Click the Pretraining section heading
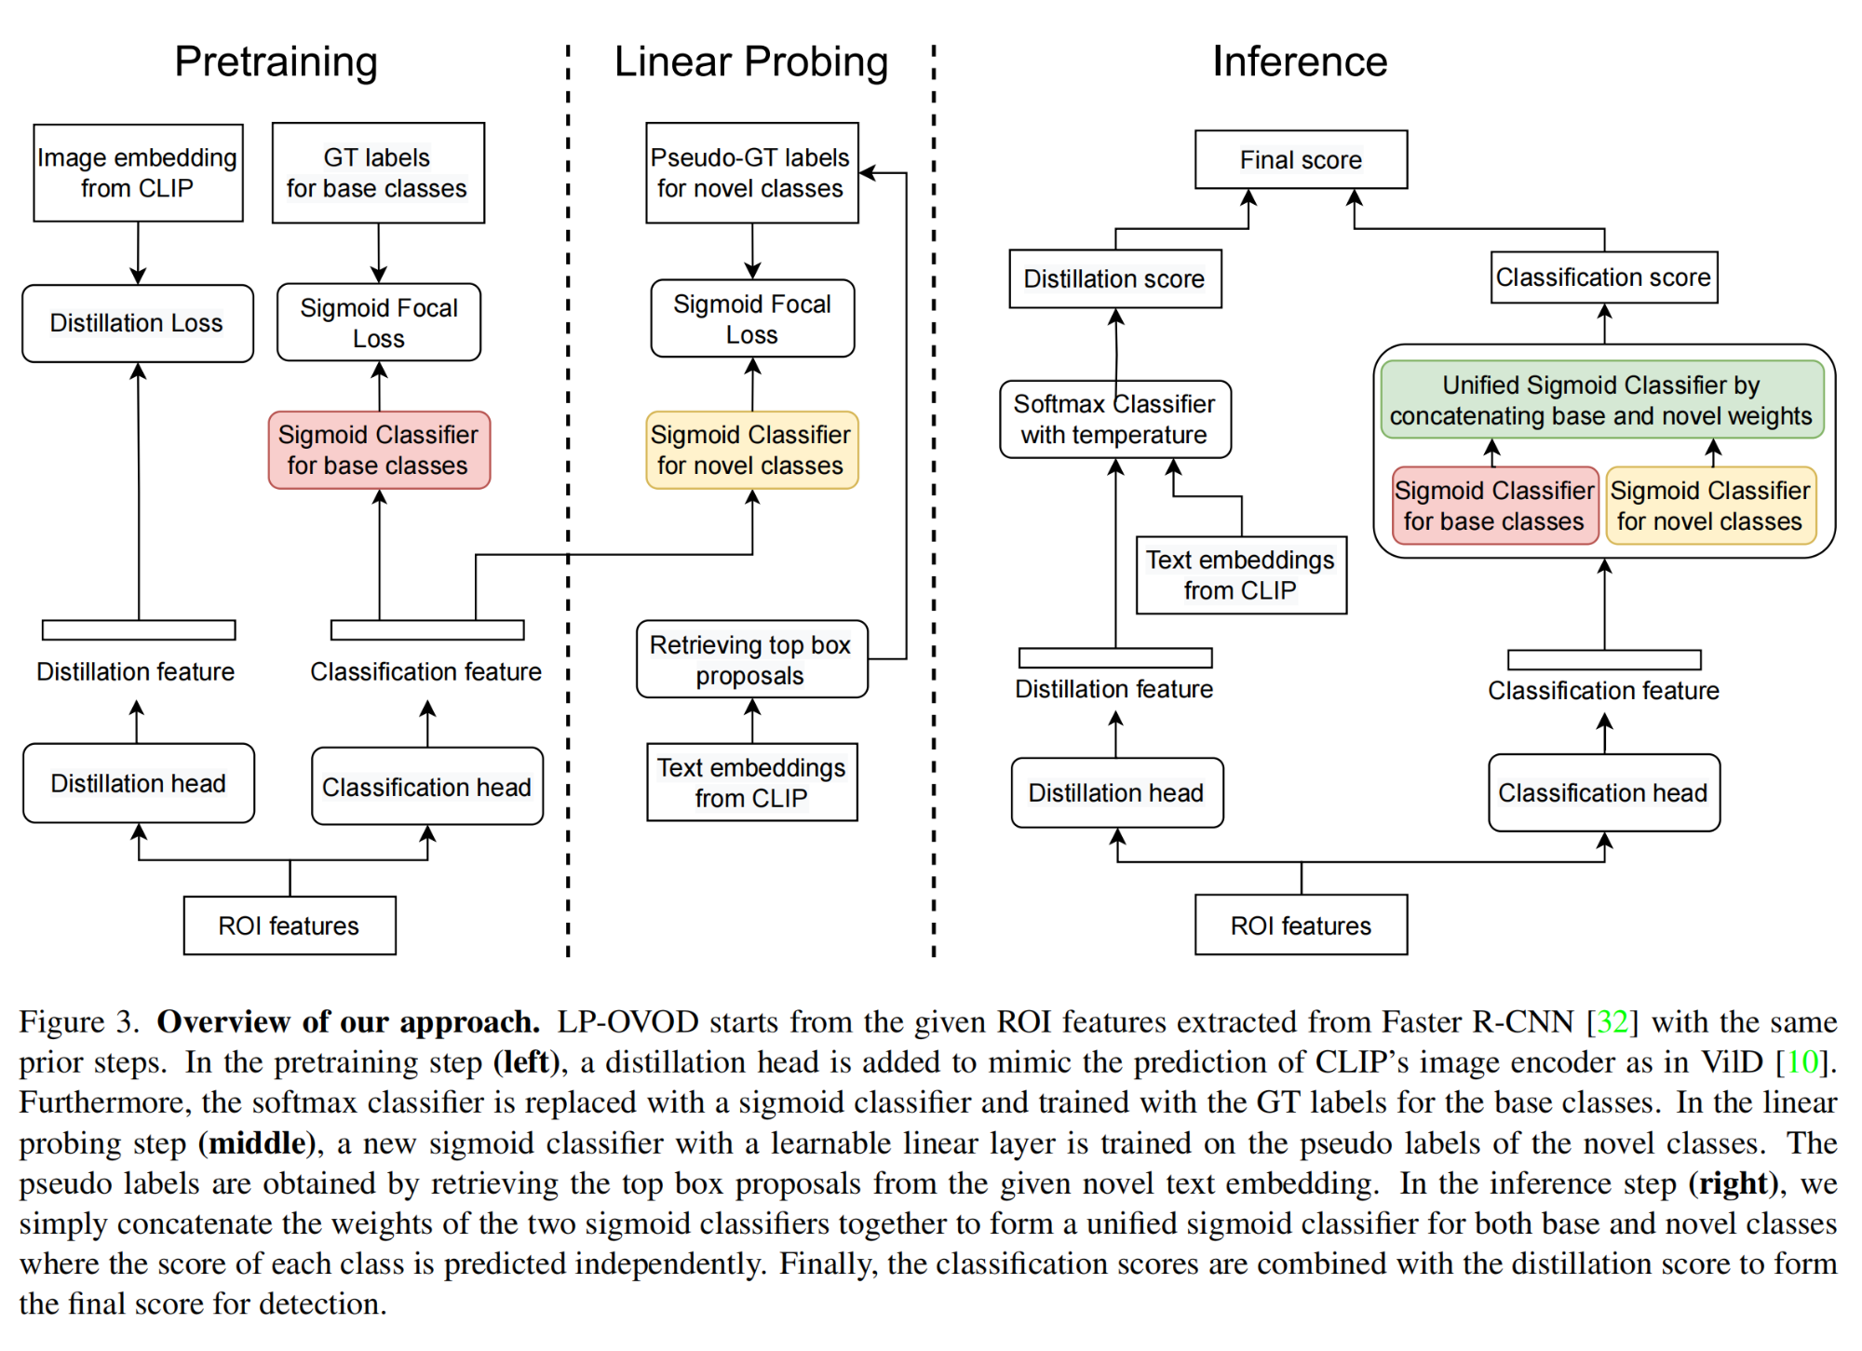point(276,61)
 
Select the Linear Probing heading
point(750,61)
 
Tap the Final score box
point(1301,160)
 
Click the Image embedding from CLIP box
point(138,173)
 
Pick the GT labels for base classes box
point(377,173)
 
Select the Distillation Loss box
point(138,323)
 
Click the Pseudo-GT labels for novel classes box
point(751,173)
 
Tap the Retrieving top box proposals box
point(751,659)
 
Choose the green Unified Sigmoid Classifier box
point(1601,400)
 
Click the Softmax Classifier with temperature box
point(1114,419)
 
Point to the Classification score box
point(1603,277)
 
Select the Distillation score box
point(1114,278)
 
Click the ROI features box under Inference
point(1301,925)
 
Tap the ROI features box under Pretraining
point(289,925)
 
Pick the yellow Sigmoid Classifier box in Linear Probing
point(751,450)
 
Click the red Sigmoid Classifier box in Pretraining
point(378,450)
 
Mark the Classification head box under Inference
point(1603,792)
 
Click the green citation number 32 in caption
point(1612,1022)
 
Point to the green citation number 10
point(1801,1062)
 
